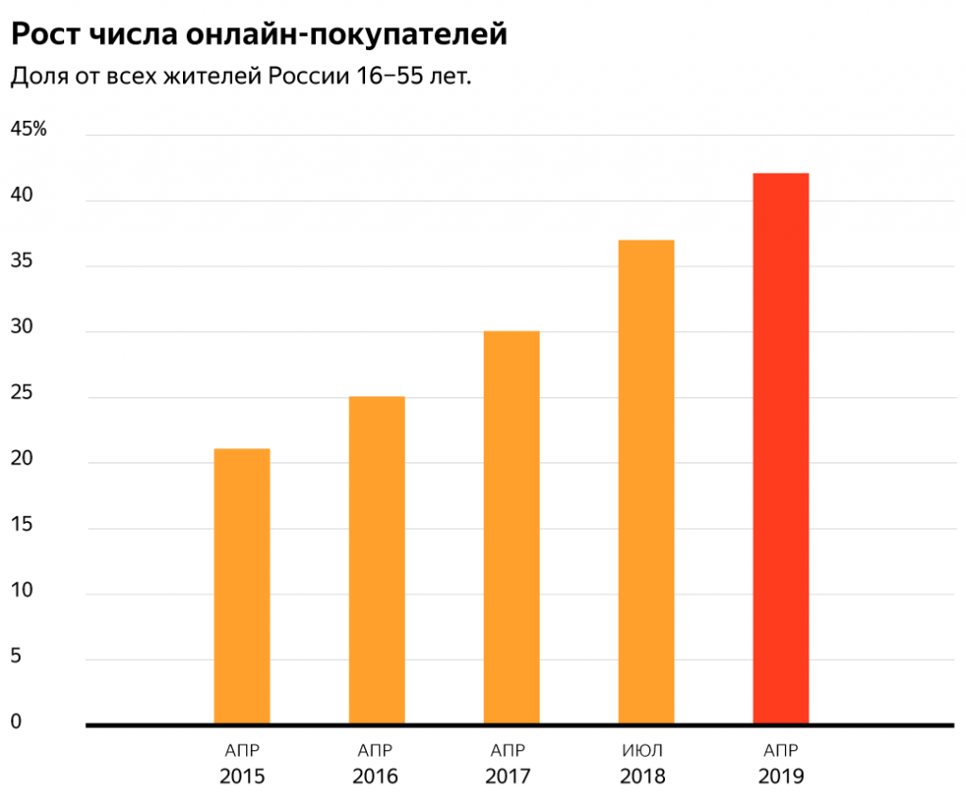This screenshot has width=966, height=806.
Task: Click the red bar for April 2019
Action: pyautogui.click(x=780, y=448)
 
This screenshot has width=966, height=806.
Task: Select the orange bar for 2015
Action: pyautogui.click(x=241, y=585)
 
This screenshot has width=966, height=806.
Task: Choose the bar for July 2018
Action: pyautogui.click(x=646, y=481)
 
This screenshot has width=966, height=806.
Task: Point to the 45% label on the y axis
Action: pyautogui.click(x=27, y=129)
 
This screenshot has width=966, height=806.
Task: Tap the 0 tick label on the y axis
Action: pyautogui.click(x=15, y=722)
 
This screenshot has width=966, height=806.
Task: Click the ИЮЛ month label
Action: pyautogui.click(x=643, y=751)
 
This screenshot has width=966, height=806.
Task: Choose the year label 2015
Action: pyautogui.click(x=241, y=778)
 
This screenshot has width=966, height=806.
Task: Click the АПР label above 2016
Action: pyautogui.click(x=375, y=751)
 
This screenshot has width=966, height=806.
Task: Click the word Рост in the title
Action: pyautogui.click(x=43, y=35)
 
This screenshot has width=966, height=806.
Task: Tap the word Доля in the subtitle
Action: pyautogui.click(x=38, y=76)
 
